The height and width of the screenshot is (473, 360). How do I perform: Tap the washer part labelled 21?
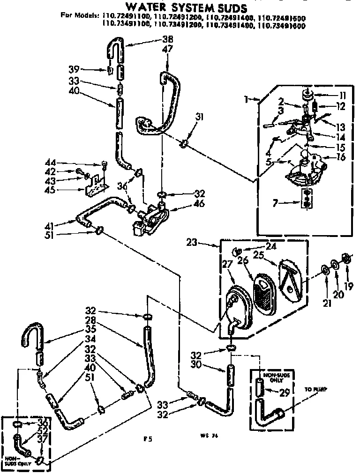tap(323, 271)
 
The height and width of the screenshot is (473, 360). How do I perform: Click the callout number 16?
tap(340, 157)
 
